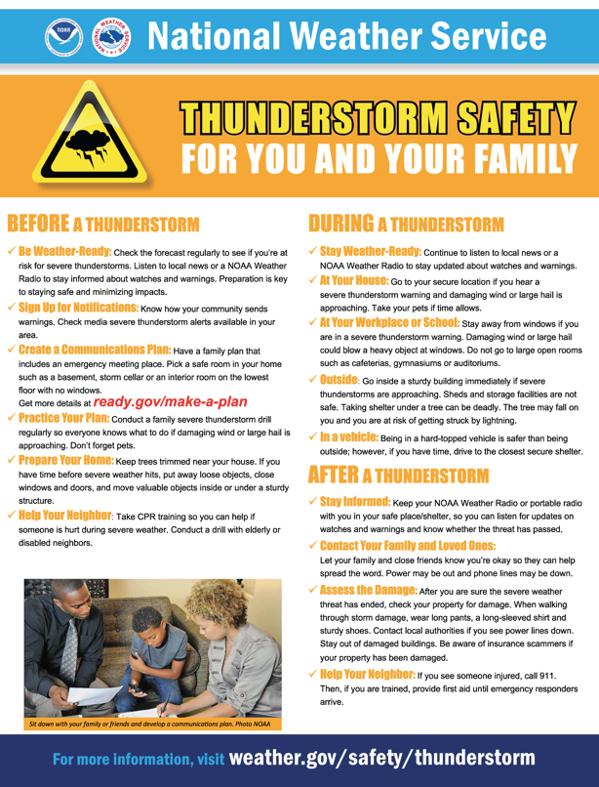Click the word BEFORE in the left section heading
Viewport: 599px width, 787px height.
pos(38,223)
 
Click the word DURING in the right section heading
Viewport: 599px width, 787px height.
pos(340,223)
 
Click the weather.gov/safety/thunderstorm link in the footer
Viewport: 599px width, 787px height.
pos(380,758)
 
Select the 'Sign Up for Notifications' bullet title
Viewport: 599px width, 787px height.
pos(78,307)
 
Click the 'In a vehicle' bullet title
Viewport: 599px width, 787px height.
pos(349,438)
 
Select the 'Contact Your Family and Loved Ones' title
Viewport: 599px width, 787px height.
pos(408,545)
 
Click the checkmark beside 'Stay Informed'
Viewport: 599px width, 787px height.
pos(312,501)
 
